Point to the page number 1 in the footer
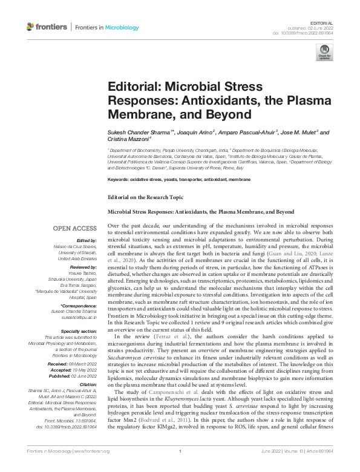tap(180, 468)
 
